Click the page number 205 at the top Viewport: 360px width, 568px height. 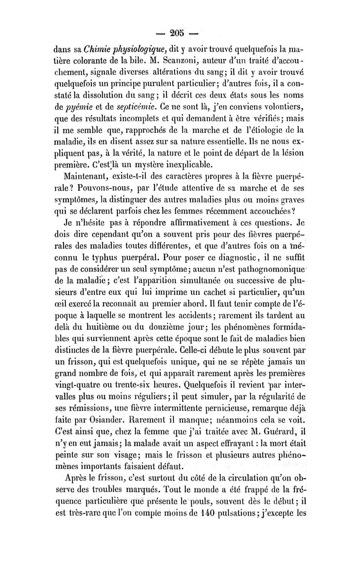[x=180, y=34]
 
